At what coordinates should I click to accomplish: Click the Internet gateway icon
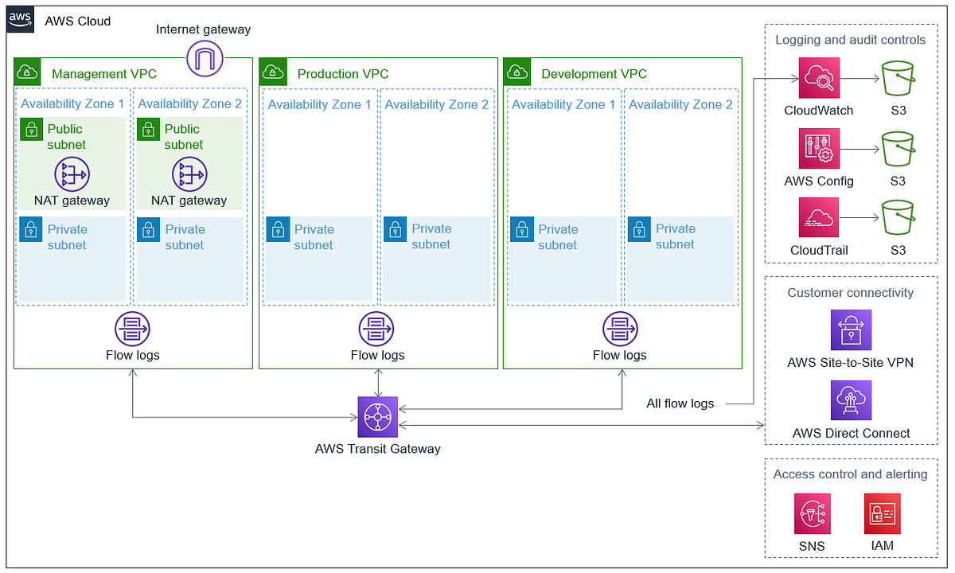pos(205,58)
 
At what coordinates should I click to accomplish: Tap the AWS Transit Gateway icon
pos(377,417)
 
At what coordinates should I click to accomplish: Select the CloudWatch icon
pos(819,78)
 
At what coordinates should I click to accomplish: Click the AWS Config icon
pos(819,149)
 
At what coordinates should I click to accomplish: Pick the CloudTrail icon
pos(819,218)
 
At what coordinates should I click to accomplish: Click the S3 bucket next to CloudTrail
pos(898,218)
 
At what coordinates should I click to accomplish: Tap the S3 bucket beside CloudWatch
pos(898,78)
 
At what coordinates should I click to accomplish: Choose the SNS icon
pos(813,513)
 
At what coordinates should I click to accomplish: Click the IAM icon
pos(882,513)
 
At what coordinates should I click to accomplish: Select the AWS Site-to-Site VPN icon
pos(851,330)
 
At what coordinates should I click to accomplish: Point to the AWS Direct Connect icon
pos(851,400)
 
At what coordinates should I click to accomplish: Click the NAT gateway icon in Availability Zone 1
pos(72,174)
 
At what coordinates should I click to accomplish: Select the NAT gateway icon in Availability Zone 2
pos(189,174)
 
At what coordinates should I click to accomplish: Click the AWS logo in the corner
pos(21,20)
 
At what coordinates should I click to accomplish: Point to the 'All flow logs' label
pos(680,403)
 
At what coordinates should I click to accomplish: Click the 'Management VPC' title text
pos(104,74)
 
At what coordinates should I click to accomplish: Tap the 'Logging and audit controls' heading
pos(850,40)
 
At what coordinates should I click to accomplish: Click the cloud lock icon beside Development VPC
pos(518,72)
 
